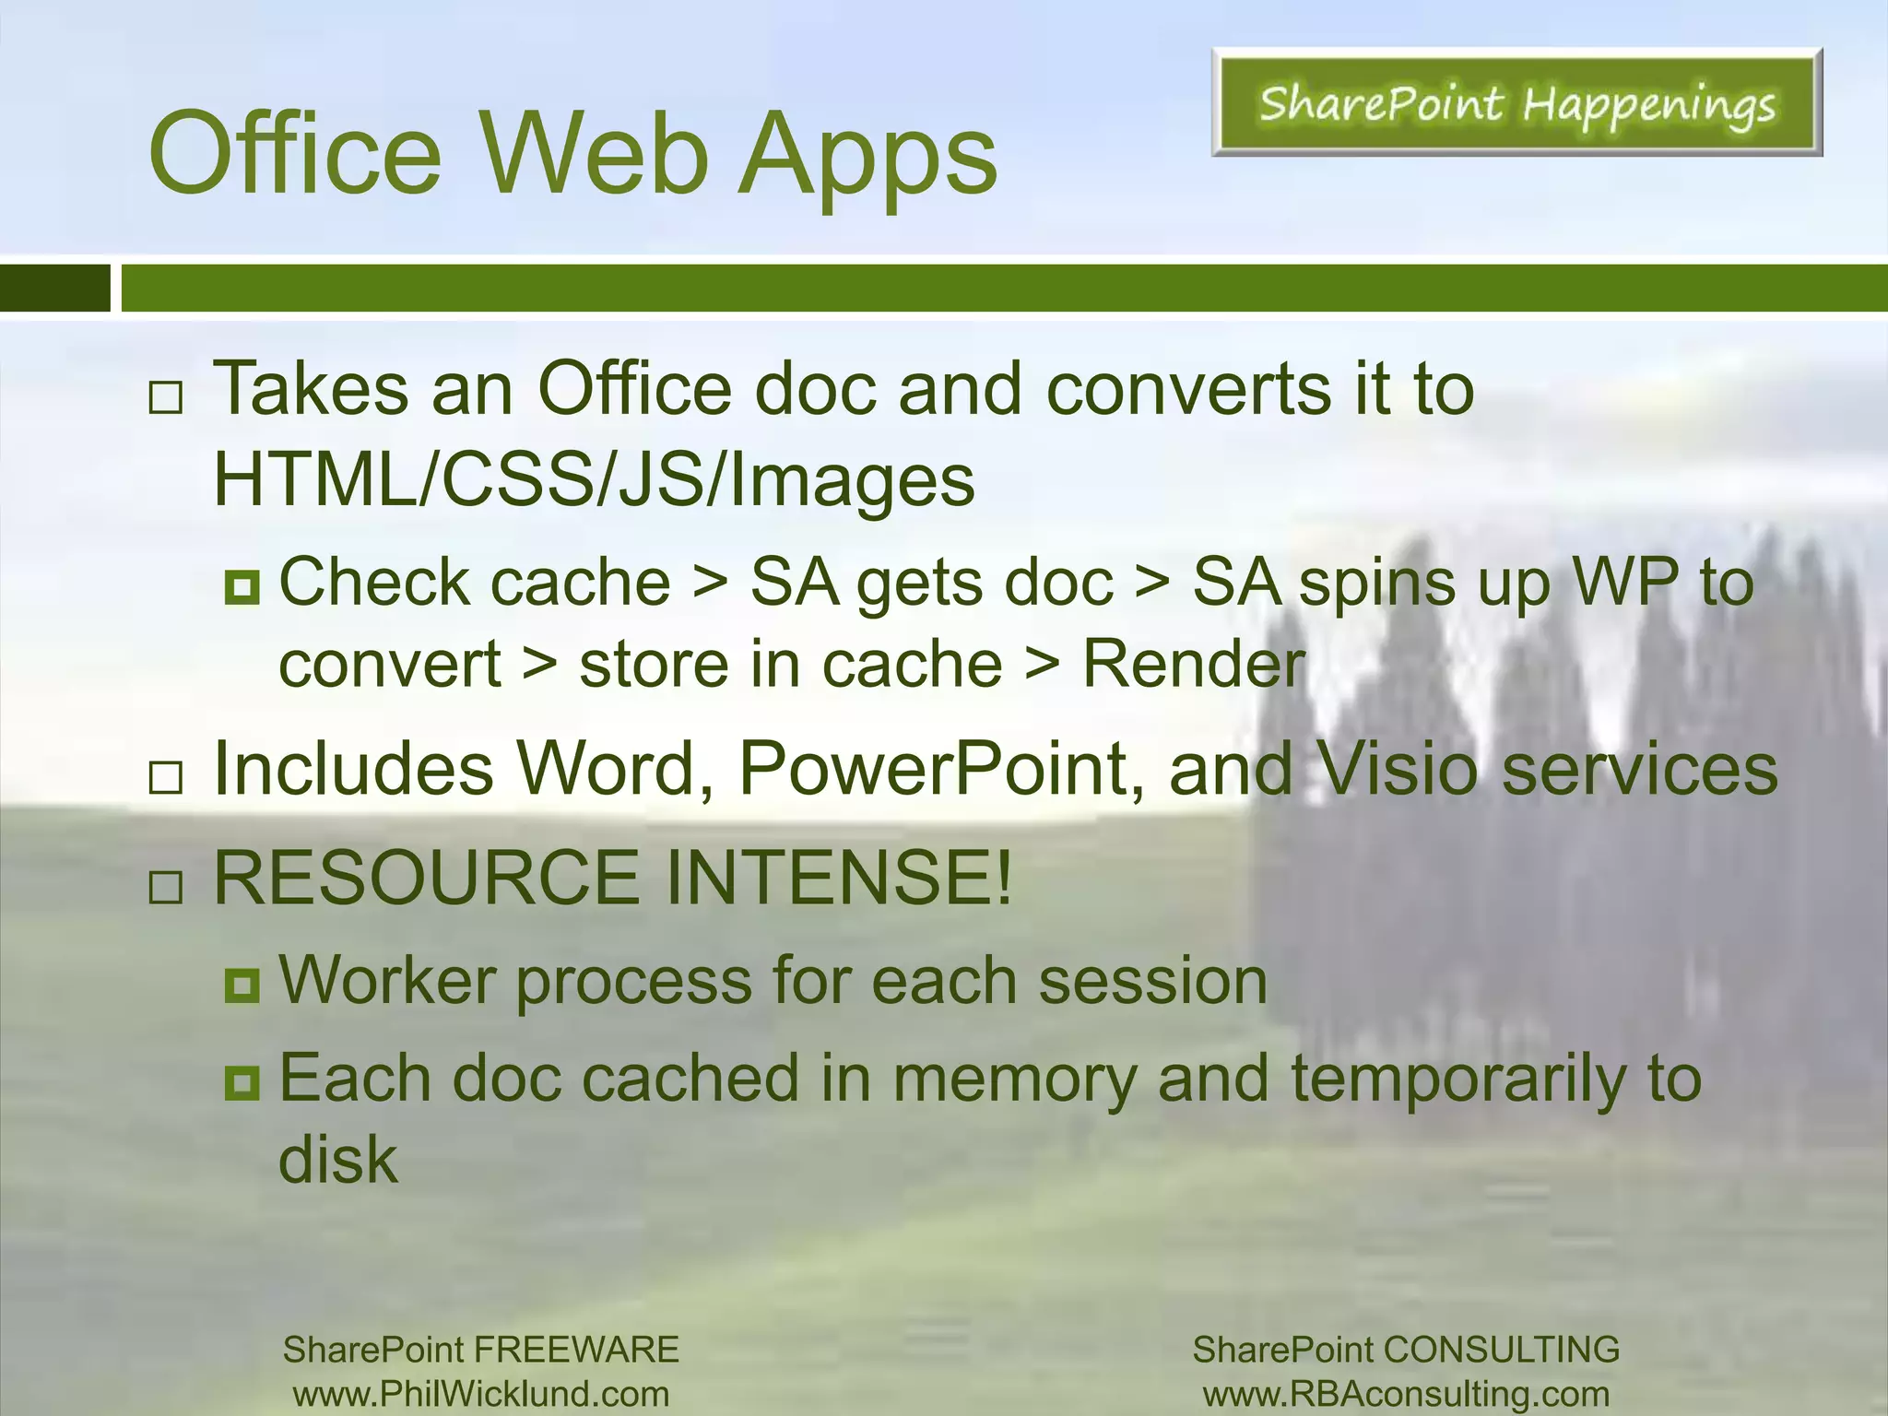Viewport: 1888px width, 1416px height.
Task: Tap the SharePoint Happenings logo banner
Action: [1516, 102]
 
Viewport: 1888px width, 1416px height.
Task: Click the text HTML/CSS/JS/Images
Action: [594, 480]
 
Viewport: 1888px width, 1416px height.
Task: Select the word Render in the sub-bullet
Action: [1193, 664]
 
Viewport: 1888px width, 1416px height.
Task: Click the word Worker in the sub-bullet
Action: [387, 980]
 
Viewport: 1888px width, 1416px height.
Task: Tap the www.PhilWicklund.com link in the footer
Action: [480, 1394]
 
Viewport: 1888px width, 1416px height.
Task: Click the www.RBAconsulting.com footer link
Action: [1406, 1394]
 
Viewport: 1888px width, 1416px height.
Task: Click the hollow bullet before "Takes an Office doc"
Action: [166, 398]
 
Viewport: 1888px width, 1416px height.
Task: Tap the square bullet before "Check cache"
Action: [242, 586]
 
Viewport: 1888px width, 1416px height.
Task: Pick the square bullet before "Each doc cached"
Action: [242, 1082]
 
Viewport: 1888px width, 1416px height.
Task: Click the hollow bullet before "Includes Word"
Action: [166, 778]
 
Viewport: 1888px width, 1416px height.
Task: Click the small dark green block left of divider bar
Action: [54, 288]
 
